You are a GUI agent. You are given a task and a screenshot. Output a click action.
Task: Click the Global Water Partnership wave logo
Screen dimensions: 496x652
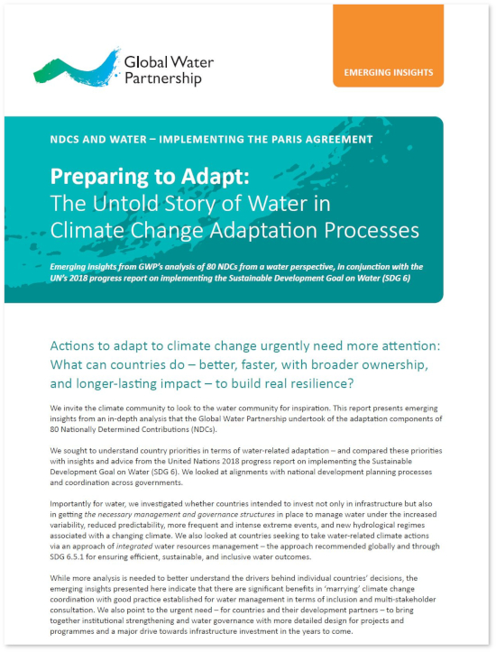77,69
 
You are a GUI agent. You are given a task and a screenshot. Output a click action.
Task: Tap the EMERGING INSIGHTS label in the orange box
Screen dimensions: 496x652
389,72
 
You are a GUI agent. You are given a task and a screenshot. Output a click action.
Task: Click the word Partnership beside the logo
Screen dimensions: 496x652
163,78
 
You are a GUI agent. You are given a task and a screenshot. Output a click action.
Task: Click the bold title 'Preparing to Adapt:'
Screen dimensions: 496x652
150,177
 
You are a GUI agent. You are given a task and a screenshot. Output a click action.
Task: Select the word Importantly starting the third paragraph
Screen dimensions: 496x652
69,504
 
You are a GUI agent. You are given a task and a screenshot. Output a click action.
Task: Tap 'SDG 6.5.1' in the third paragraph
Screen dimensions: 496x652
67,557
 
